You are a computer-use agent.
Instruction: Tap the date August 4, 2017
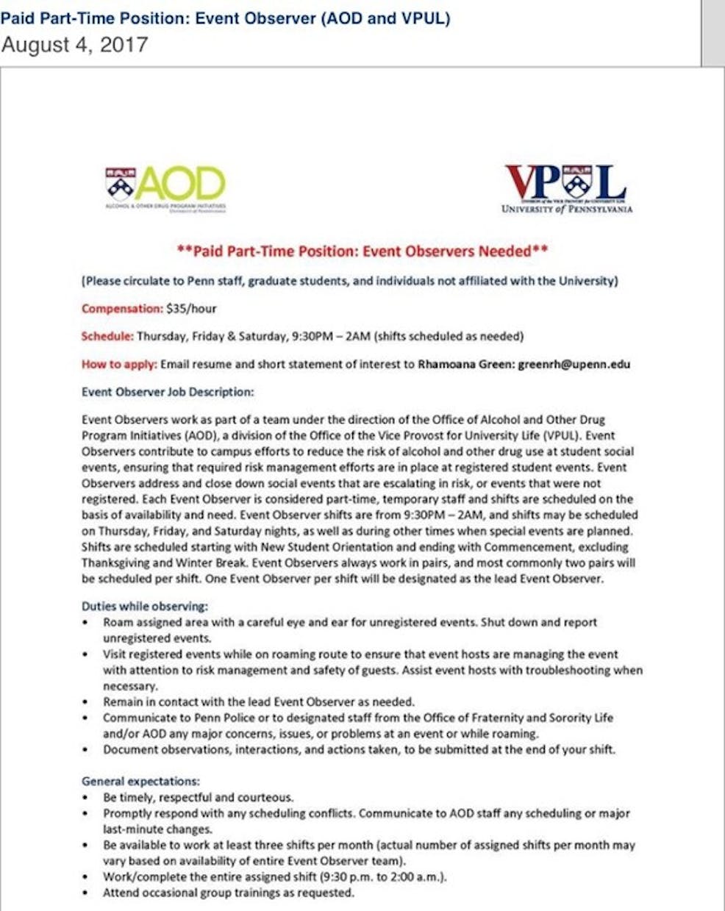click(74, 46)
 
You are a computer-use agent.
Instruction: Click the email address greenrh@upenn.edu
click(574, 364)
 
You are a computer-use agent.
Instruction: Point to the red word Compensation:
click(122, 308)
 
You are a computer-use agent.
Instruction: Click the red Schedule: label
click(107, 336)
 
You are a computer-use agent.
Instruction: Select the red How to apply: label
click(119, 364)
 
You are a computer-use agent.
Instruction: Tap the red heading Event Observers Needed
click(362, 251)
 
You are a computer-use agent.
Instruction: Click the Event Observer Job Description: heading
click(168, 392)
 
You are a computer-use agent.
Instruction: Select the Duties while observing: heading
click(145, 607)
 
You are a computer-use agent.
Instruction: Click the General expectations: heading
click(140, 781)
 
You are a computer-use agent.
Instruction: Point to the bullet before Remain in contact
click(86, 702)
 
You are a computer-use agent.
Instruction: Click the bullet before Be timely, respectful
click(86, 798)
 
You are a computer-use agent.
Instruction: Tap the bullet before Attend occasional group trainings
click(86, 893)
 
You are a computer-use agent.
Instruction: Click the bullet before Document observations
click(86, 750)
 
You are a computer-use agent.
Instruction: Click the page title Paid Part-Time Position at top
click(225, 18)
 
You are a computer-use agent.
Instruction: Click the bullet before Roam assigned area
click(86, 623)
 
